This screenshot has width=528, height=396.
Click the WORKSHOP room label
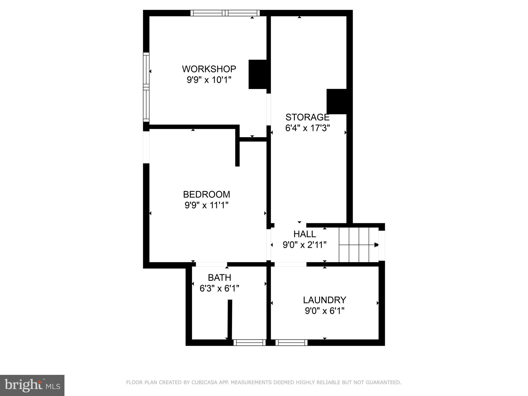tap(209, 69)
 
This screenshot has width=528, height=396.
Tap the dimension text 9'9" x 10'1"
tap(209, 80)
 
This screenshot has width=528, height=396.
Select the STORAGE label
tap(307, 117)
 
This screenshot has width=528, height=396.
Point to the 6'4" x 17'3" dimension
tap(307, 128)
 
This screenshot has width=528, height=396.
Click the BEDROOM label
tap(207, 194)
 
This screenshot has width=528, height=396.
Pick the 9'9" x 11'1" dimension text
tap(207, 205)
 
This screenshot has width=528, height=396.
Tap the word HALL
tap(304, 234)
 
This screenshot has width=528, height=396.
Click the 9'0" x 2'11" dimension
tap(304, 245)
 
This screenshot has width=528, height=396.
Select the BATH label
tap(219, 278)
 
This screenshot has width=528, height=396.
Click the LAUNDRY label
tap(324, 300)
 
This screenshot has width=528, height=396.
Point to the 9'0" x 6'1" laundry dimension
tap(325, 311)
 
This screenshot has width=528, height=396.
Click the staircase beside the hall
tap(358, 245)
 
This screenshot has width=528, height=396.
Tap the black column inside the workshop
tap(257, 75)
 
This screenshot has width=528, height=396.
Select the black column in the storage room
tap(336, 101)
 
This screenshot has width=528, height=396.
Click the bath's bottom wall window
tap(249, 343)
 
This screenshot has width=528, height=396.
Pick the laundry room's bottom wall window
tap(291, 343)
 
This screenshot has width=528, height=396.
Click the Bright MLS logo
tap(32, 385)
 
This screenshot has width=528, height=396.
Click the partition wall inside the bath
tap(230, 320)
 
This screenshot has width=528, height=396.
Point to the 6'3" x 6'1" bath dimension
tap(219, 288)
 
